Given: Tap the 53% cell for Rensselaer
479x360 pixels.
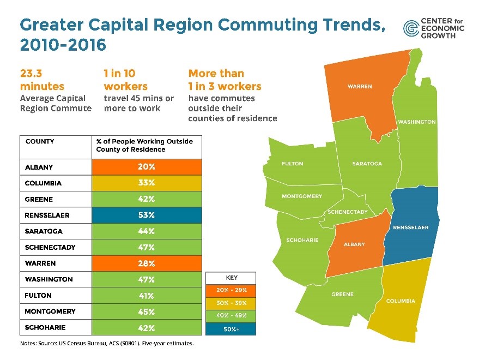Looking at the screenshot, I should tap(147, 215).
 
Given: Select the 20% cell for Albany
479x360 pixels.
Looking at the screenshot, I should tap(147, 167).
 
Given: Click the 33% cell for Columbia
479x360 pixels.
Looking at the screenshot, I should tap(147, 183).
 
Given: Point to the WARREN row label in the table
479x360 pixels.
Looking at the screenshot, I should tap(40, 263).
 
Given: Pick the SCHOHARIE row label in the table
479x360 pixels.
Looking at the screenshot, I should tap(46, 328).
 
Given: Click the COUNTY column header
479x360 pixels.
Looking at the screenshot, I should tap(40, 141).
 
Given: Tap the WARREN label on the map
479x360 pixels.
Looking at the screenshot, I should tap(360, 87).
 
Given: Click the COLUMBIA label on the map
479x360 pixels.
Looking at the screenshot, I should tap(401, 301).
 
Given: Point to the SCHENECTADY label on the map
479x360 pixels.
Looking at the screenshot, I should tap(348, 212).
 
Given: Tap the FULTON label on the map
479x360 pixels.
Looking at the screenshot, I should tap(292, 164).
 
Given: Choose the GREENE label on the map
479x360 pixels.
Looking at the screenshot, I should tap(342, 295).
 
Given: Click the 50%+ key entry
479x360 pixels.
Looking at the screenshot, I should tap(231, 329).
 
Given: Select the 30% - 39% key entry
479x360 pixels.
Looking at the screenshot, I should tap(231, 303).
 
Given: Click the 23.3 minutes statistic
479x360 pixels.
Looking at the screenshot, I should tap(42, 80).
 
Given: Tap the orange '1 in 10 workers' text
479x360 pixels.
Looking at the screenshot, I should tap(125, 80).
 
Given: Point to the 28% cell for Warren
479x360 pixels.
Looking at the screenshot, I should tap(147, 263).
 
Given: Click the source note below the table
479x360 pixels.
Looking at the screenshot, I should tap(107, 344).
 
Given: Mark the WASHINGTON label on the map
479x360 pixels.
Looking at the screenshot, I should tap(417, 122).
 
